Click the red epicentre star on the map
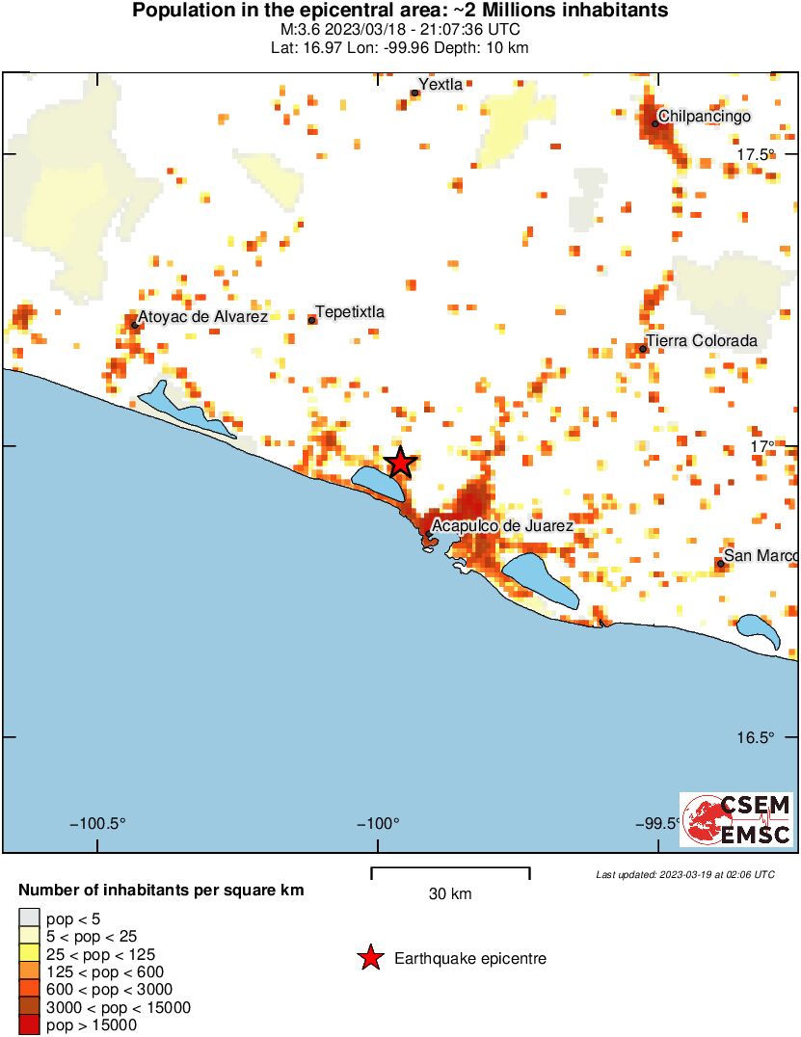pyautogui.click(x=400, y=463)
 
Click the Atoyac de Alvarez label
pyautogui.click(x=202, y=316)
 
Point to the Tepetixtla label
pyautogui.click(x=350, y=311)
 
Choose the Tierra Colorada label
pyautogui.click(x=702, y=341)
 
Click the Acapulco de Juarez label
pyautogui.click(x=502, y=526)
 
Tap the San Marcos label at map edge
pyautogui.click(x=761, y=555)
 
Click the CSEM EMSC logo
pyautogui.click(x=736, y=819)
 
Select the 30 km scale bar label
pyautogui.click(x=450, y=894)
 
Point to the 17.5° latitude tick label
pyautogui.click(x=757, y=155)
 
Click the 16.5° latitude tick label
pyautogui.click(x=757, y=738)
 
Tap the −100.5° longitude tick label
pyautogui.click(x=98, y=824)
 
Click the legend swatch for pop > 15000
pyautogui.click(x=30, y=1025)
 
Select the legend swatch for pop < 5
pyautogui.click(x=30, y=917)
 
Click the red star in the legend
pyautogui.click(x=369, y=958)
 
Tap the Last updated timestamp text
pyautogui.click(x=684, y=874)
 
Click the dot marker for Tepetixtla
pyautogui.click(x=312, y=319)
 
